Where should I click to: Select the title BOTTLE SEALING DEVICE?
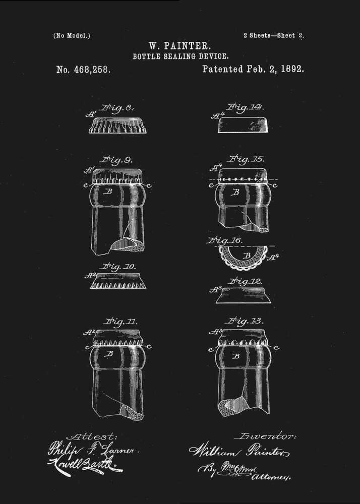181,57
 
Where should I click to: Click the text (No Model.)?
72,36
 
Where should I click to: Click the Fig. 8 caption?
116,108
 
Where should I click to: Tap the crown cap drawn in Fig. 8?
117,125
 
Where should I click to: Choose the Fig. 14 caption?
245,107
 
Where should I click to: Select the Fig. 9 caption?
116,160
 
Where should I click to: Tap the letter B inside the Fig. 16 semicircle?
247,256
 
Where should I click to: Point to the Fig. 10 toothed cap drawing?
118,281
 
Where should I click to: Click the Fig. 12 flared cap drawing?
243,295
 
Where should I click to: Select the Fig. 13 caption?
245,321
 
